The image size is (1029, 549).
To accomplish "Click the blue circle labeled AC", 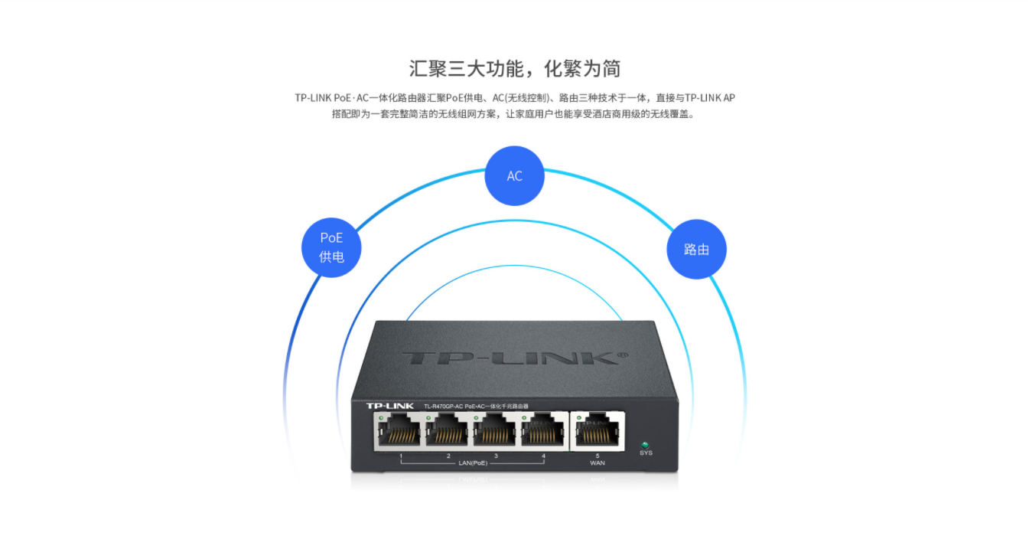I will [x=514, y=176].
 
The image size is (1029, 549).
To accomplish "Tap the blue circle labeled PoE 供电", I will [x=331, y=247].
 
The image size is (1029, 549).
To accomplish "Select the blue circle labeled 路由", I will [x=696, y=249].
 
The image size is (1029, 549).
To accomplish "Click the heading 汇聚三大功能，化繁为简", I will [x=514, y=68].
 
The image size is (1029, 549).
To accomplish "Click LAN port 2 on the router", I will [x=448, y=433].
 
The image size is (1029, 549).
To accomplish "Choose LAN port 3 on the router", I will [x=496, y=433].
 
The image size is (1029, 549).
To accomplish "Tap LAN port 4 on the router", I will [x=543, y=433].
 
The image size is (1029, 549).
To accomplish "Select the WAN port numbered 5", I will [x=598, y=433].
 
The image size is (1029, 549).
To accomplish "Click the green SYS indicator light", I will [x=645, y=444].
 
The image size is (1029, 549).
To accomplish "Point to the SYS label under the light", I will [x=646, y=453].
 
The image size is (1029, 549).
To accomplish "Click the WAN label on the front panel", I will [x=598, y=463].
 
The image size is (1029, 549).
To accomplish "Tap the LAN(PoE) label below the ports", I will [x=472, y=463].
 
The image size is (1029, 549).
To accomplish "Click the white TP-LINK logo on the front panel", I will [x=389, y=405].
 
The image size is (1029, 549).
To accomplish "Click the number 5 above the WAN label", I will [x=598, y=456].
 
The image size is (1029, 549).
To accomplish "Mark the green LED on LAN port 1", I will [x=380, y=417].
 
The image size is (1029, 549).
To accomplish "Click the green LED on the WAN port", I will [x=578, y=417].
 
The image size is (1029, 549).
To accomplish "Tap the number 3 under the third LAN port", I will [x=496, y=456].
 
